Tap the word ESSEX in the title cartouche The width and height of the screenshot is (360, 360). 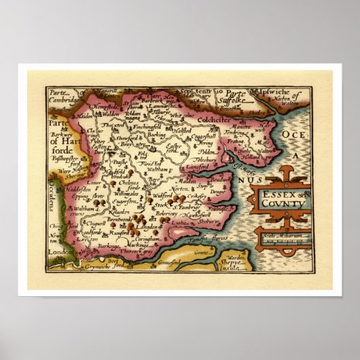pyautogui.click(x=276, y=194)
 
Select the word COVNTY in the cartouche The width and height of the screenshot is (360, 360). pyautogui.click(x=278, y=202)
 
